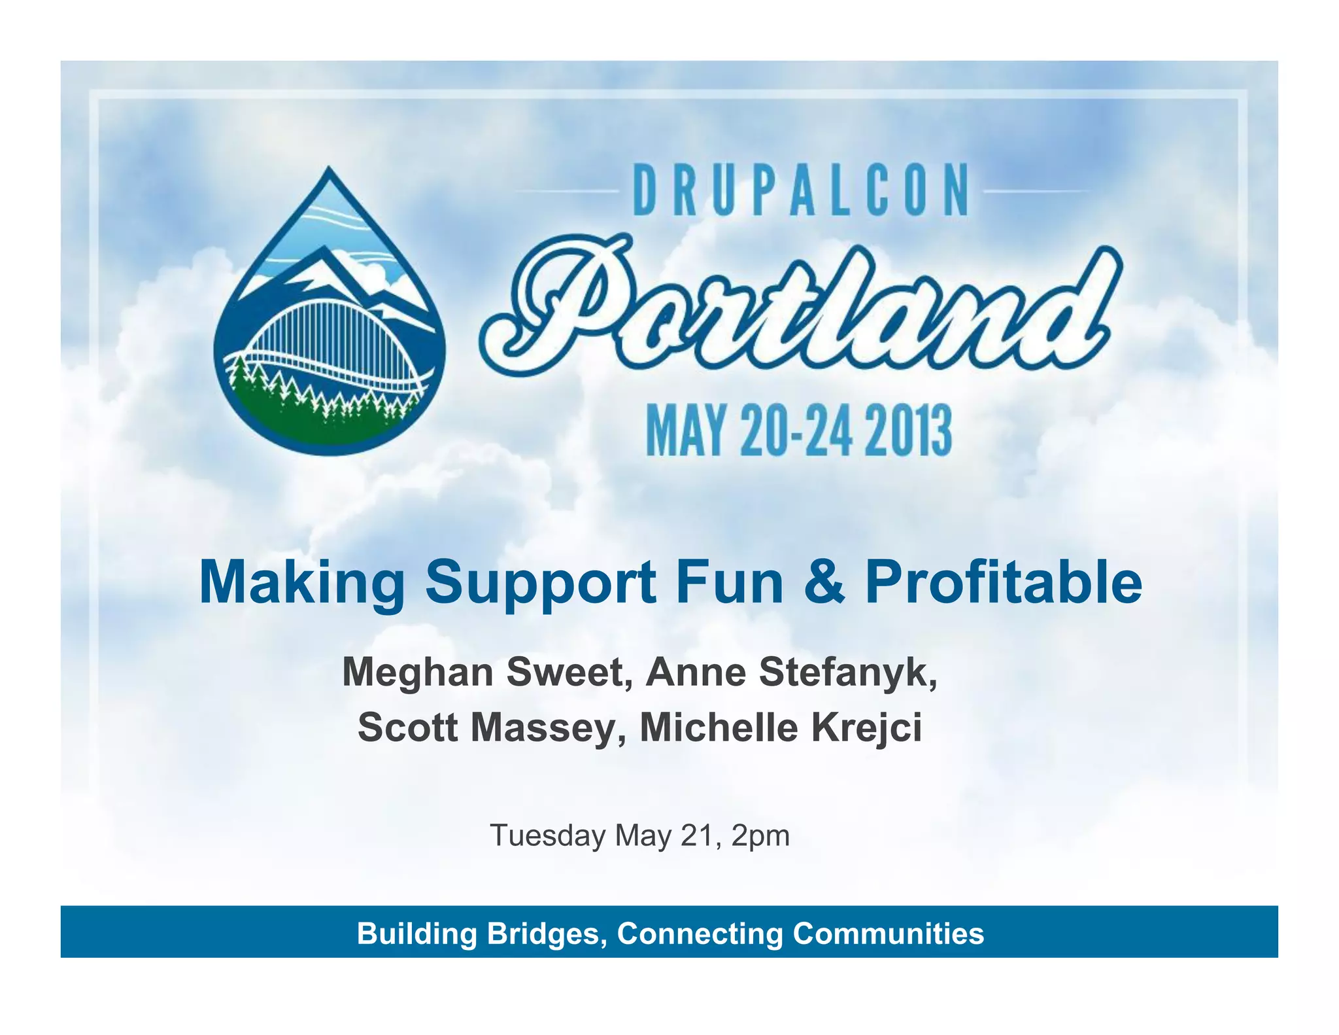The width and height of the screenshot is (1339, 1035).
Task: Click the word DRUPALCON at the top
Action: click(x=800, y=190)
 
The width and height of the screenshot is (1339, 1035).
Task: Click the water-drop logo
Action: click(x=329, y=314)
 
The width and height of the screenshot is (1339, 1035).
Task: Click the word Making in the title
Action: click(x=301, y=582)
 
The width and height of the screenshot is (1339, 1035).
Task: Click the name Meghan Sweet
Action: click(x=481, y=673)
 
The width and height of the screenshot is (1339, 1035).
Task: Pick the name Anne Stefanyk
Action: click(x=791, y=673)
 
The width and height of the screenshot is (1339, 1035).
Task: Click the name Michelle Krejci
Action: click(x=781, y=728)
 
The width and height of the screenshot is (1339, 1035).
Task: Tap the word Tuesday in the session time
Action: click(x=548, y=836)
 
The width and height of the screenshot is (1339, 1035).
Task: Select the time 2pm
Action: click(x=760, y=836)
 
